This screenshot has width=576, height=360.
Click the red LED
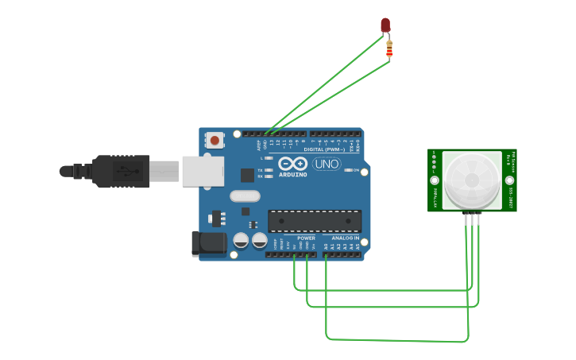tap(385, 25)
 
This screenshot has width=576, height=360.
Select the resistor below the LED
tap(389, 49)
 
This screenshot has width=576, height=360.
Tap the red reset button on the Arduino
tap(215, 141)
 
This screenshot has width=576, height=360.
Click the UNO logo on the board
tap(326, 165)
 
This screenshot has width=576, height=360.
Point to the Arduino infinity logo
tap(292, 164)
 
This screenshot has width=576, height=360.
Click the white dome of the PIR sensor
tap(472, 180)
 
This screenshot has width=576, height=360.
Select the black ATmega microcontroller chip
tap(315, 221)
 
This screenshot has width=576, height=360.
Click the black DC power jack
tap(208, 244)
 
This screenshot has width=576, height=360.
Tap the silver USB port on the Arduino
tap(203, 171)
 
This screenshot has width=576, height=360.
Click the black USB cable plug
tap(119, 171)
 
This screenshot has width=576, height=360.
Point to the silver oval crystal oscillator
tap(245, 196)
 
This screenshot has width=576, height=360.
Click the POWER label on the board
tap(306, 238)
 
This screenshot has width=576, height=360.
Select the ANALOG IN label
tap(345, 238)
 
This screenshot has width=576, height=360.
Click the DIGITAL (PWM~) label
tap(325, 149)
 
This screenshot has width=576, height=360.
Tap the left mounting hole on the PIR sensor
tap(435, 180)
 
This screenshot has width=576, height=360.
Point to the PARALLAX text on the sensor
tap(435, 199)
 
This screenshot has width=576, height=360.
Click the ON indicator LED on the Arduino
tap(349, 169)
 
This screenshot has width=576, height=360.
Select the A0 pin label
tap(326, 246)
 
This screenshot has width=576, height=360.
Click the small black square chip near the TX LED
tap(247, 175)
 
